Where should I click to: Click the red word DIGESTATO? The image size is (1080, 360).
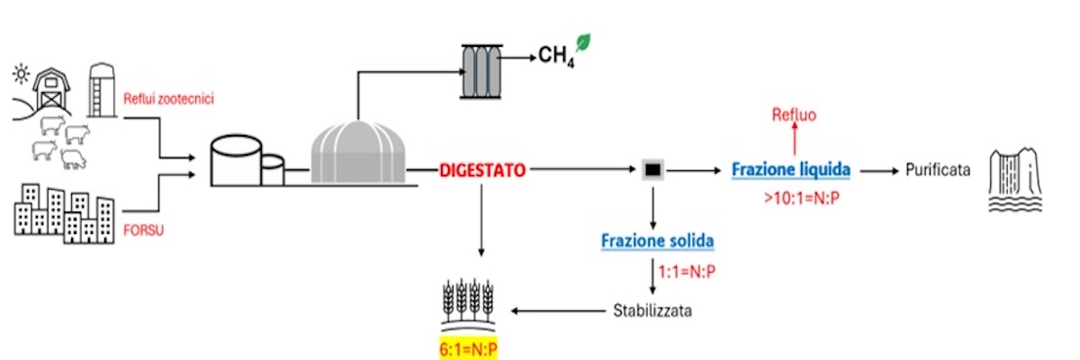coord(482,169)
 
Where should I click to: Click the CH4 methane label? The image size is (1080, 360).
coord(556,58)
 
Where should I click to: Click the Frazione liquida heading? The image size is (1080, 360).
coord(791,169)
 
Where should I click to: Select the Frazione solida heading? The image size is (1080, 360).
coord(658,241)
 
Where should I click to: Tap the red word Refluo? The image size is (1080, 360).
coord(794,114)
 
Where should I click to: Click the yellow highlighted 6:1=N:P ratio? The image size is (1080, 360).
coord(468,348)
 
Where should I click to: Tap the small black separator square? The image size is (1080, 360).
coord(653,169)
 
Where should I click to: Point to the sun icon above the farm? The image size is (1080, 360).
coord(21,69)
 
